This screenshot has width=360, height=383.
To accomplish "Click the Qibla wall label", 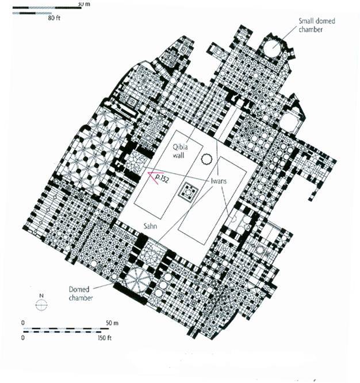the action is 183,151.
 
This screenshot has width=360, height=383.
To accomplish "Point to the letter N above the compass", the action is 41,297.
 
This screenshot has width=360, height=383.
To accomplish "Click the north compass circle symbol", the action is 41,306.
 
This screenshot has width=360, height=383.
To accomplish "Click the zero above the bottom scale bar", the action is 24,323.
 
